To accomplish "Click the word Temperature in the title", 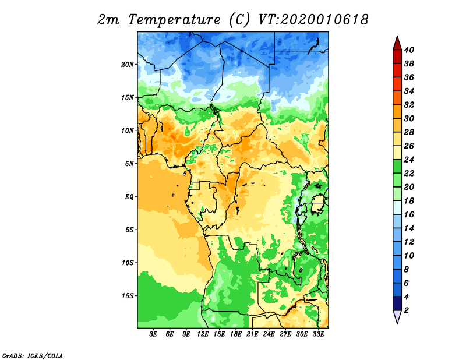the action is point(174,20).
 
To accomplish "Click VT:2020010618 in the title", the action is point(314,20).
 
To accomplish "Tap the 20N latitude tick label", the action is point(128,65).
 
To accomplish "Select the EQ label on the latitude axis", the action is point(129,197).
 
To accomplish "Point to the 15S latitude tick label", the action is point(128,296).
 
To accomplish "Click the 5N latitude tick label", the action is point(129,164).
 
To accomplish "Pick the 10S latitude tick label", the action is point(128,263).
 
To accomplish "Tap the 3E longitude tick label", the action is point(153,334).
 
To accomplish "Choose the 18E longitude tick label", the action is point(236,334).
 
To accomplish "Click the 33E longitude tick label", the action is point(318,334).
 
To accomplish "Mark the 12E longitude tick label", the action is point(203,334).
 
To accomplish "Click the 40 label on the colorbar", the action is point(409,50).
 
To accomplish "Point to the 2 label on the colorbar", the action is point(406,310).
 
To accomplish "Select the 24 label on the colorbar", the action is point(409,160).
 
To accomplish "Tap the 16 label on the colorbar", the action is point(409,214).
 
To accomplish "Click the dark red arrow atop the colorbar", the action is point(397,44).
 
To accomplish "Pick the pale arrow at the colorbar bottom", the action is point(397,316).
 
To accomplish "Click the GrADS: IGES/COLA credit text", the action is point(33,356).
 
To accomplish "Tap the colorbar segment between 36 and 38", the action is point(397,70).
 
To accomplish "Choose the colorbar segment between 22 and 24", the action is point(397,167).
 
